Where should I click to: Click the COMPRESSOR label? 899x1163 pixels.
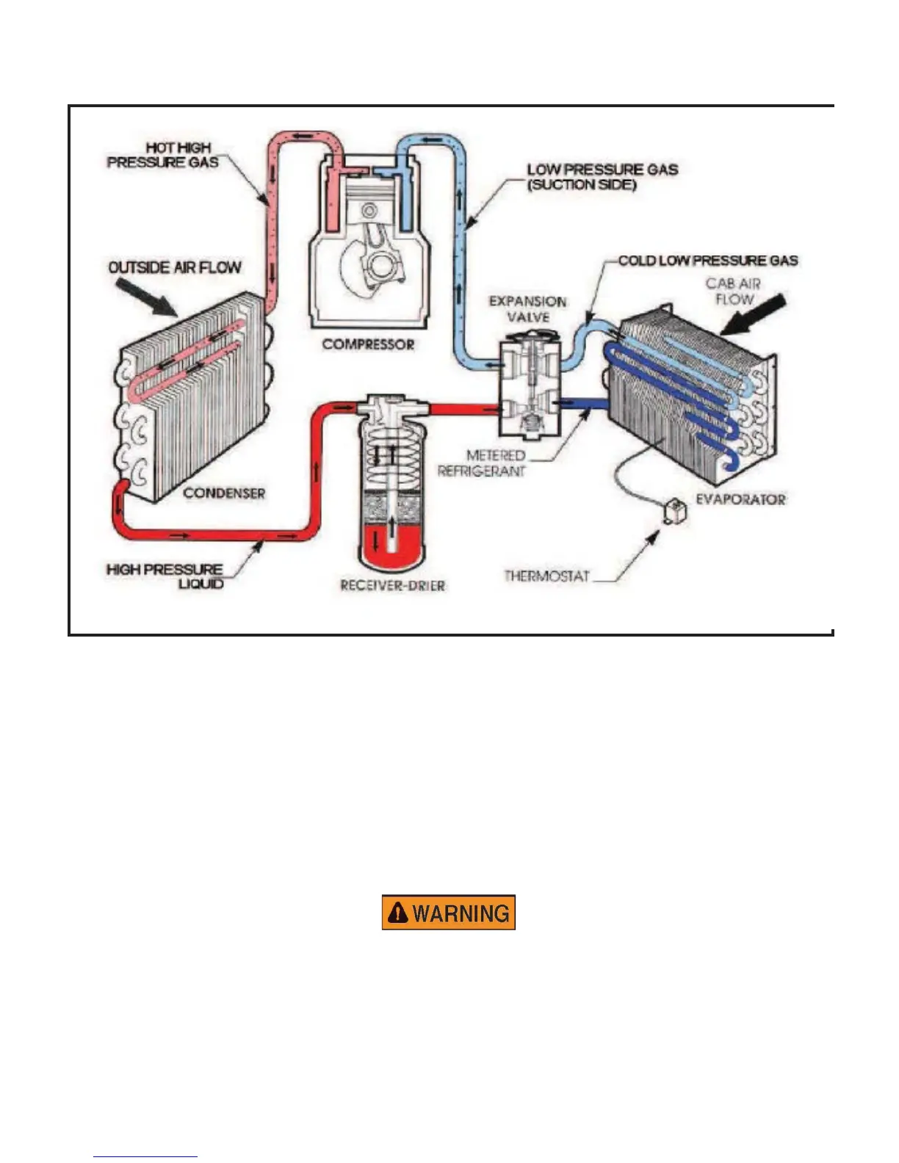tap(368, 344)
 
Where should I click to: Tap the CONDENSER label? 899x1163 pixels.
tap(224, 493)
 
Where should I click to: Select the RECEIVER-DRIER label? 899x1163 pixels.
tap(392, 585)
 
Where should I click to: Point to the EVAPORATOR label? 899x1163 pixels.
tap(740, 499)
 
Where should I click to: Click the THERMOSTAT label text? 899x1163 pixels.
tap(547, 576)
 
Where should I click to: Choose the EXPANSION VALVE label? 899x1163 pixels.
tap(528, 309)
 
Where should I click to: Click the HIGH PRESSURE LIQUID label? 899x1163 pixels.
tap(166, 576)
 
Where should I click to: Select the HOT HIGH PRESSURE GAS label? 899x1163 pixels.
tap(164, 155)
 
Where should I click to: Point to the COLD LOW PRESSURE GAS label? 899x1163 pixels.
tap(707, 260)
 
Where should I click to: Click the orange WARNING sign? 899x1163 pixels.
tap(448, 913)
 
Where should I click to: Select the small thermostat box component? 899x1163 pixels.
tap(674, 511)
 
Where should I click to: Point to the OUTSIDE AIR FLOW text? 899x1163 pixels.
tap(175, 267)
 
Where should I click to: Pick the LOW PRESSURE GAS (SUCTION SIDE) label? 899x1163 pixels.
tap(602, 176)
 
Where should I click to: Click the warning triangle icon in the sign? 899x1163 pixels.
tap(397, 913)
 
